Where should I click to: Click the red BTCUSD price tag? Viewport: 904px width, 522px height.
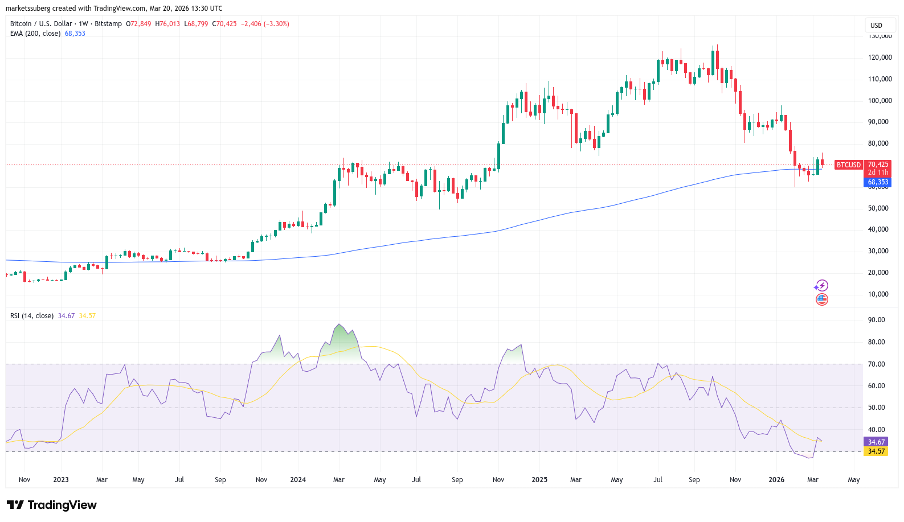pyautogui.click(x=848, y=165)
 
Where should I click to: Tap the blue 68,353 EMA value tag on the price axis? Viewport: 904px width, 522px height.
pyautogui.click(x=877, y=182)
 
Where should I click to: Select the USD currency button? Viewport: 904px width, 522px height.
pyautogui.click(x=876, y=25)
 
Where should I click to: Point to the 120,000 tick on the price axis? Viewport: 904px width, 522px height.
pyautogui.click(x=880, y=57)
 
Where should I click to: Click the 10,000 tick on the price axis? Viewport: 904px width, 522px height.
pyautogui.click(x=878, y=294)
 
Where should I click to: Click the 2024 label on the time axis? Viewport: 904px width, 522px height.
pyautogui.click(x=298, y=480)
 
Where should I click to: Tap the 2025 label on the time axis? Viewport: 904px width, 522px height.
pyautogui.click(x=539, y=480)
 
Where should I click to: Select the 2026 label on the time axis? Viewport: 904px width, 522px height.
pyautogui.click(x=776, y=480)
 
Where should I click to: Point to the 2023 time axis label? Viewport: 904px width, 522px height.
pyautogui.click(x=61, y=480)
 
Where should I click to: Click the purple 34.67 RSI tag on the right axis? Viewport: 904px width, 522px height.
pyautogui.click(x=876, y=442)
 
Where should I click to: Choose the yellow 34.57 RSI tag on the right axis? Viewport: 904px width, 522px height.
pyautogui.click(x=876, y=451)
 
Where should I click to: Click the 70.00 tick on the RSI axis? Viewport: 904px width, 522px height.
pyautogui.click(x=876, y=364)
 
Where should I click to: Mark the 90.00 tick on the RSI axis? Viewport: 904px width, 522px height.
pyautogui.click(x=876, y=320)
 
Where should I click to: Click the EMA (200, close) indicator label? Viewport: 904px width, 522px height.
pyautogui.click(x=35, y=34)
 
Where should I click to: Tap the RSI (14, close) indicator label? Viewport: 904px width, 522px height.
pyautogui.click(x=32, y=316)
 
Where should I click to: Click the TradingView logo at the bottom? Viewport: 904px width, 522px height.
pyautogui.click(x=52, y=505)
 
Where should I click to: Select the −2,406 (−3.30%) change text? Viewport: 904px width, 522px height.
pyautogui.click(x=265, y=24)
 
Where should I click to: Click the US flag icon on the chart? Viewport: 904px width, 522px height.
pyautogui.click(x=821, y=299)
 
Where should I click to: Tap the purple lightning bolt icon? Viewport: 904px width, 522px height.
pyautogui.click(x=821, y=286)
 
